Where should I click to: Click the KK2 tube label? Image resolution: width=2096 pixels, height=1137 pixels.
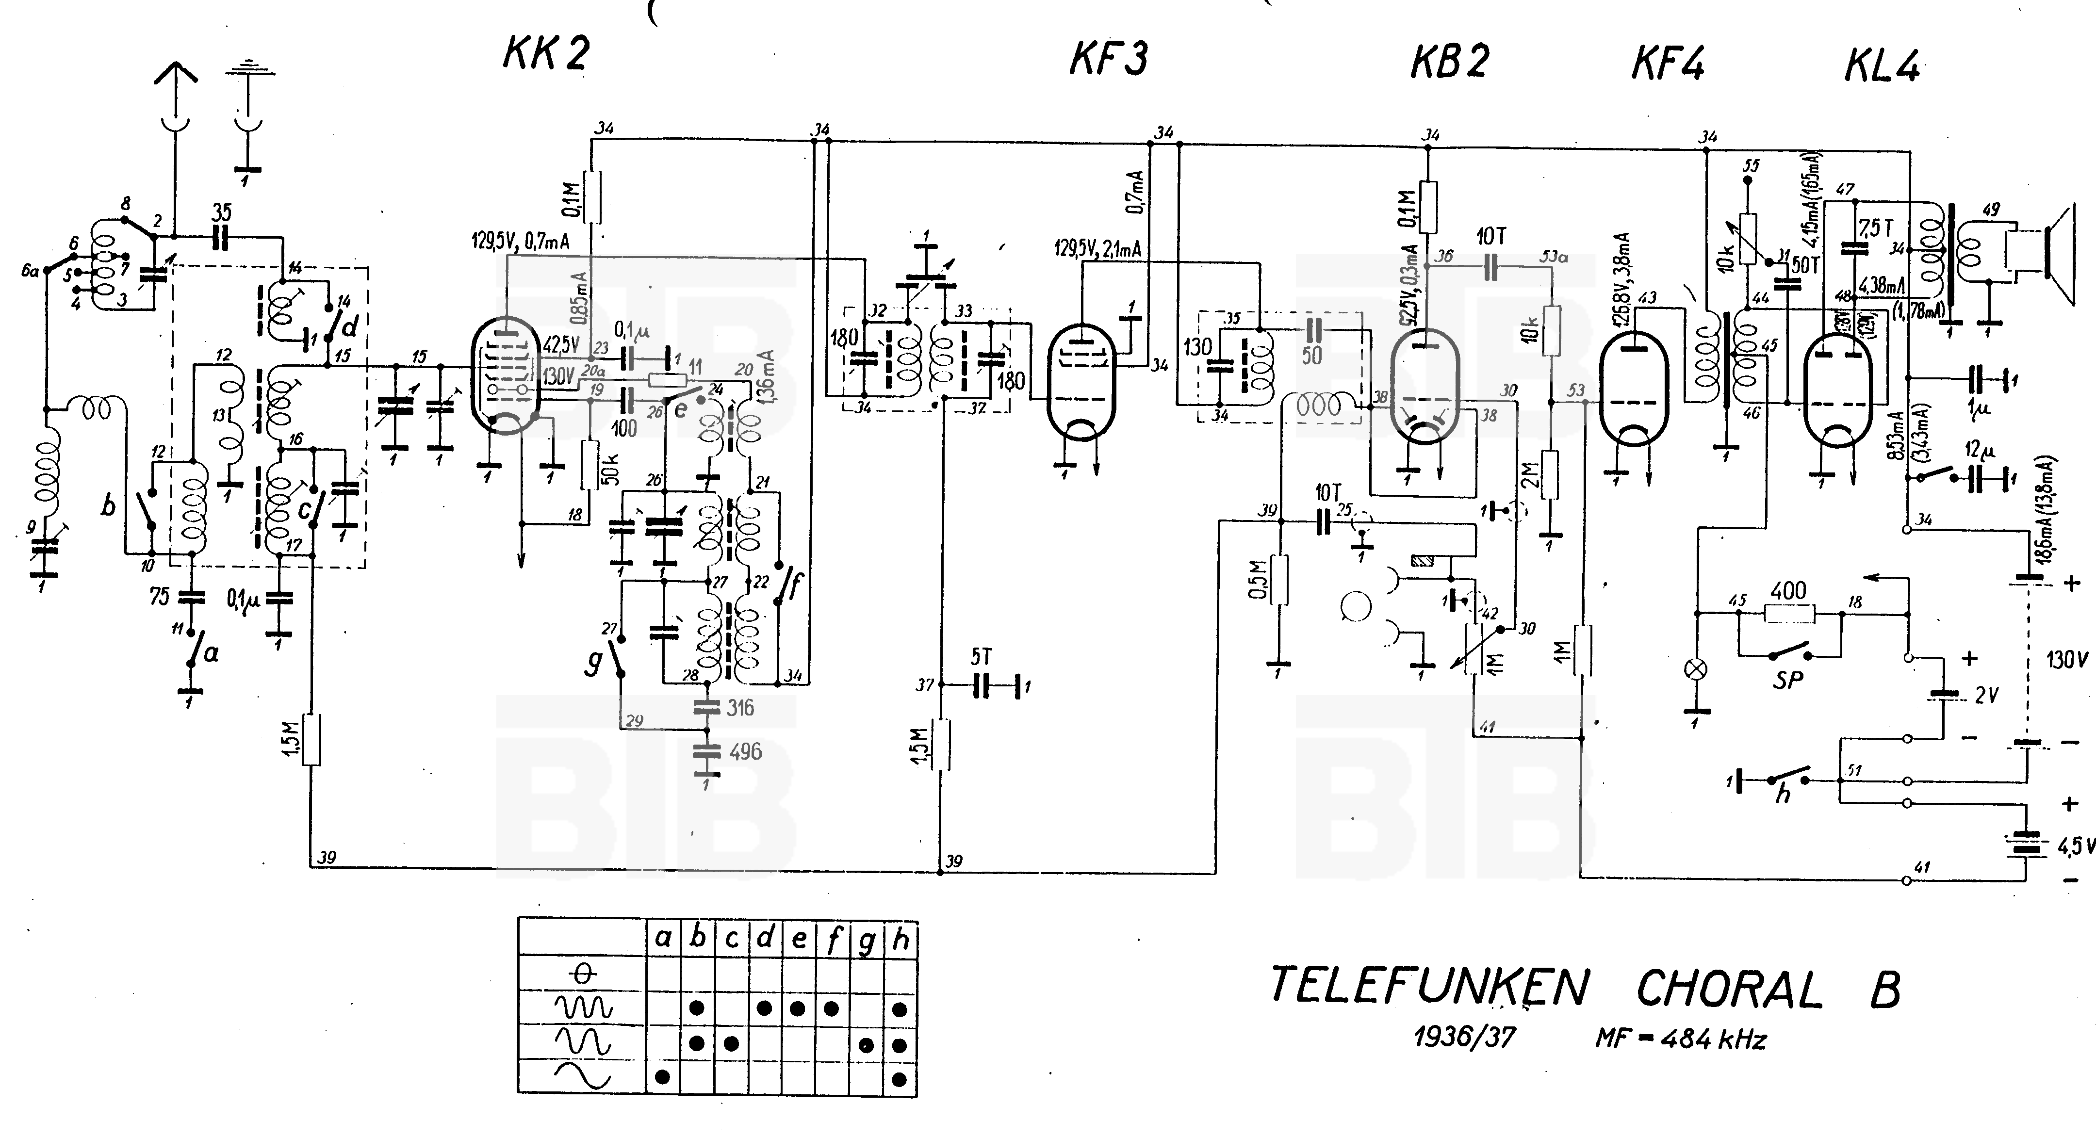(x=546, y=54)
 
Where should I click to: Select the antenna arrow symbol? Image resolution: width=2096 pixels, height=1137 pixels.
(x=175, y=77)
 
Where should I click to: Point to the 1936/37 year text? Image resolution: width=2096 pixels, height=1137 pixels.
(x=1465, y=1037)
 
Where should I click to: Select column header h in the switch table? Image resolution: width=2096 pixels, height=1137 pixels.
(x=900, y=940)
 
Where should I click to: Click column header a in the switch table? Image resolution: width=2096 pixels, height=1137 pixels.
(x=663, y=940)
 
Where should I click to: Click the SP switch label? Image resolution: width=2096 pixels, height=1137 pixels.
(x=1787, y=679)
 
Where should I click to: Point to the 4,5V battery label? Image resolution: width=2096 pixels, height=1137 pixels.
(x=2077, y=846)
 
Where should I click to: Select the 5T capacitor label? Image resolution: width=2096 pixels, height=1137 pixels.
(x=981, y=657)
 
